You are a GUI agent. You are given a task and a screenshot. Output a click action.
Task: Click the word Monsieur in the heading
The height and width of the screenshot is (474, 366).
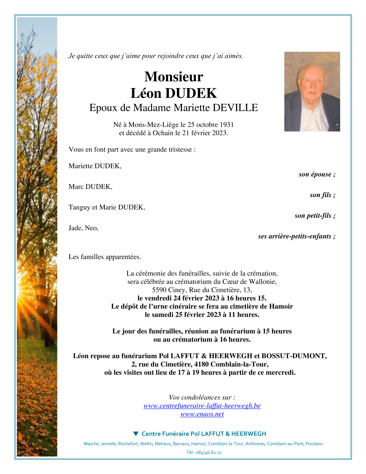click(174, 77)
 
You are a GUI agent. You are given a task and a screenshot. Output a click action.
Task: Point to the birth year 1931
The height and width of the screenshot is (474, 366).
click(227, 125)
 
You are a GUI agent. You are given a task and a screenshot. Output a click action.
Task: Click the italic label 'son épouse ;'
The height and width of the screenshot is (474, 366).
click(317, 174)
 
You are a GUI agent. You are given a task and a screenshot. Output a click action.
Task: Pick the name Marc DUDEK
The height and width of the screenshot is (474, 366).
click(90, 187)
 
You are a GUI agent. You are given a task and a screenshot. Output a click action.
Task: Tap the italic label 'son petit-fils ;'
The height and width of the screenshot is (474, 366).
click(315, 216)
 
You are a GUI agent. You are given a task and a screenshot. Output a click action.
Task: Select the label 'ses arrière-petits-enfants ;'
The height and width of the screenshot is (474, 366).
click(296, 236)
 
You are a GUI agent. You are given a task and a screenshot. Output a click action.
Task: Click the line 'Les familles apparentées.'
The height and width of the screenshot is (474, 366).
click(105, 257)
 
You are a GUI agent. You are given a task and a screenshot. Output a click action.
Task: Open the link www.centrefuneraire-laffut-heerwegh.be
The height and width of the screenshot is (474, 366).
click(202, 406)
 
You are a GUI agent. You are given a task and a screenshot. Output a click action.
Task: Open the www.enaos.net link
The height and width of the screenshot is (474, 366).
click(202, 414)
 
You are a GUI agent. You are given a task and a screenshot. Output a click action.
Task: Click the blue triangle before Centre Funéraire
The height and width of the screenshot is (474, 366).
click(136, 434)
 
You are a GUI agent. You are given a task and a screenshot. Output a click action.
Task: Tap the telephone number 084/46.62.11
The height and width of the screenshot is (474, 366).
click(209, 453)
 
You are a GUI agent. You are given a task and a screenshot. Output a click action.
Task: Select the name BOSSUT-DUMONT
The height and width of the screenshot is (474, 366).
click(294, 356)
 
